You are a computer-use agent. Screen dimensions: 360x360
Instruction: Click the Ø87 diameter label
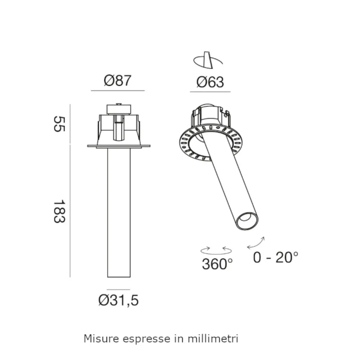tap(118, 81)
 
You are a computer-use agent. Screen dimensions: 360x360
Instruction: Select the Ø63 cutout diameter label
tap(210, 82)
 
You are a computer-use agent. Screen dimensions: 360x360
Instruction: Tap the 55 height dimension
tap(59, 124)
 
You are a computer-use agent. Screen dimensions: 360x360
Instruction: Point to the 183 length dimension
tap(59, 211)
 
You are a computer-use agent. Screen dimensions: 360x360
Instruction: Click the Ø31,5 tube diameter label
tap(118, 300)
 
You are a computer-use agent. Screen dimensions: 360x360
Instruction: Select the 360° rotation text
tap(217, 264)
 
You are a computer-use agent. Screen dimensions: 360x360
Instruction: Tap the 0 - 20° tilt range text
tap(275, 257)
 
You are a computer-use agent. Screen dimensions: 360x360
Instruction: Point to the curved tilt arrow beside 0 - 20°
tap(256, 243)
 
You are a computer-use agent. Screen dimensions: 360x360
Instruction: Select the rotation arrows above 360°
tap(216, 249)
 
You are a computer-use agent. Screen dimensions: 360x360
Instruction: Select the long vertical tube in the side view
tap(119, 212)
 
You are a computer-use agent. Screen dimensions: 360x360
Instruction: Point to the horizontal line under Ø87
tap(118, 91)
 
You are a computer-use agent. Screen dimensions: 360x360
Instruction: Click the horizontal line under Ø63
tap(210, 92)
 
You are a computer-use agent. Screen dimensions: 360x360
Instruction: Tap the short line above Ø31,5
tap(118, 289)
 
